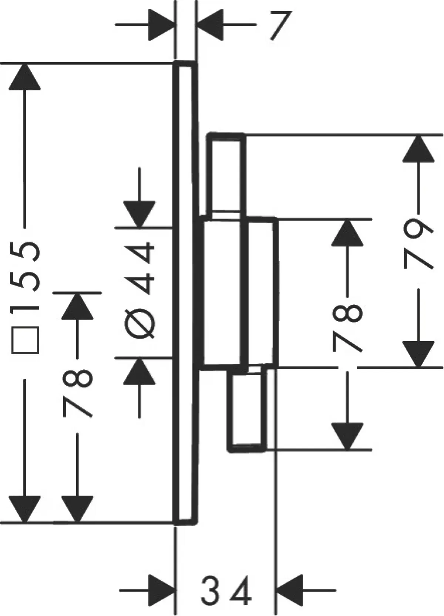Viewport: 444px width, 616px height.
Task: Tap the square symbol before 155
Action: pyautogui.click(x=25, y=340)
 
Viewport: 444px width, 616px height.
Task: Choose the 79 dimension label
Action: pyautogui.click(x=418, y=243)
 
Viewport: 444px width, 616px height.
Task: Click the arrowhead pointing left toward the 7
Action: pyautogui.click(x=211, y=25)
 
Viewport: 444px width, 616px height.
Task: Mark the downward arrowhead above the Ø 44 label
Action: pyautogui.click(x=139, y=214)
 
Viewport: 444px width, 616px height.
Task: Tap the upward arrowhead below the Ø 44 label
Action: pyautogui.click(x=139, y=372)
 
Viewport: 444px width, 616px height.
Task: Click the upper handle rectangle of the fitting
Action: pyautogui.click(x=226, y=174)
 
